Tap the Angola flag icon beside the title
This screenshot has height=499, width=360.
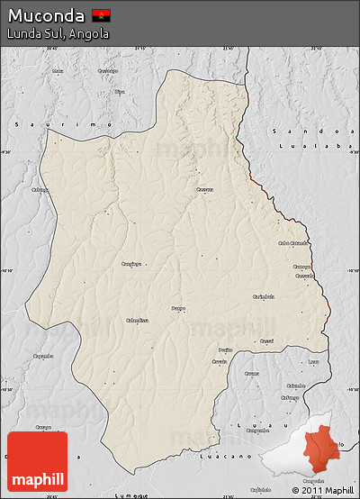tap(101, 15)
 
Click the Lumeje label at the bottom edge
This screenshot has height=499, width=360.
tap(130, 494)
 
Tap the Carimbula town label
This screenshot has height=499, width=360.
tap(264, 295)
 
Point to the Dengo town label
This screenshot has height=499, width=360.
tap(179, 308)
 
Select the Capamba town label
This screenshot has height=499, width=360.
tap(42, 356)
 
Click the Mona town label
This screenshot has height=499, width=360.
tap(58, 70)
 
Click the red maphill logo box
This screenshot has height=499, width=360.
tap(37, 461)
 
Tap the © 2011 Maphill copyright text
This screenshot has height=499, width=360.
tap(322, 490)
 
